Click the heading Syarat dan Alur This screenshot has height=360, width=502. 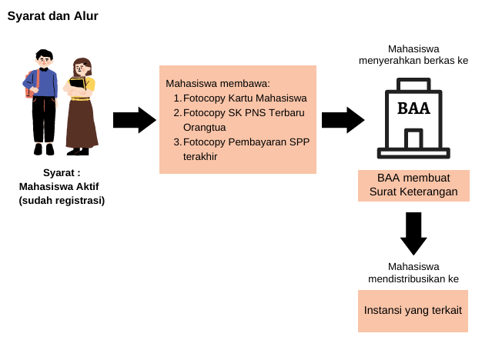point(52,16)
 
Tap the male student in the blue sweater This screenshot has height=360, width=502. point(43,100)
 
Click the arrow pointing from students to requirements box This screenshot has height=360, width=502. point(134,120)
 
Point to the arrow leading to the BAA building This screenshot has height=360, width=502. point(343,120)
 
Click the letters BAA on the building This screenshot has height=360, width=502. point(413,108)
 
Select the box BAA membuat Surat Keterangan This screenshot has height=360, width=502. point(413,185)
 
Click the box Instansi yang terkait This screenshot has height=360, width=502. point(413,311)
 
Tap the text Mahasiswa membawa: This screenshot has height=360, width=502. point(219,83)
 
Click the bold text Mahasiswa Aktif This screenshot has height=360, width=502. point(59,187)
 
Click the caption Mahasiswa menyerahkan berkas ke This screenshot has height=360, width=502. point(413,54)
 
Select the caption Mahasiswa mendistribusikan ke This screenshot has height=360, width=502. point(413,273)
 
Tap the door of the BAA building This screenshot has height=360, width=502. point(413,140)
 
